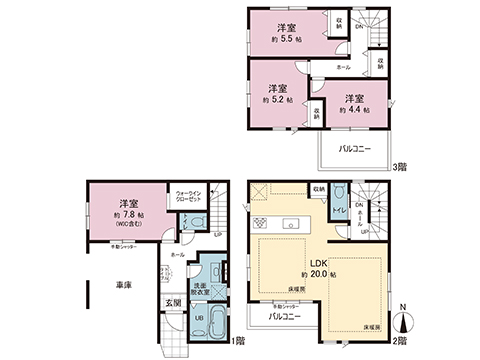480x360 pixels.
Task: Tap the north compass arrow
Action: [x=400, y=318]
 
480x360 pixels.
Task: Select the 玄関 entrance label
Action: [x=172, y=303]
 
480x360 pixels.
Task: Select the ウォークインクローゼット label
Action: [x=190, y=195]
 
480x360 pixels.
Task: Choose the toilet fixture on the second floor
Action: [x=341, y=197]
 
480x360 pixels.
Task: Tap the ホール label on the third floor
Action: [x=343, y=66]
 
